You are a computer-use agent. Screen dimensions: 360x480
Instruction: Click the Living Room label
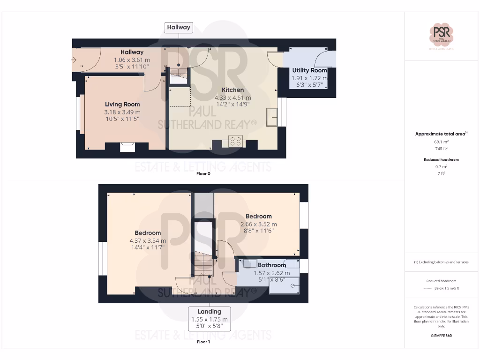(x=122, y=104)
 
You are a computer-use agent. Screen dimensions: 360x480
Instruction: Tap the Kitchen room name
(x=232, y=90)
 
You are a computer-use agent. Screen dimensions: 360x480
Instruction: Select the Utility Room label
(x=309, y=70)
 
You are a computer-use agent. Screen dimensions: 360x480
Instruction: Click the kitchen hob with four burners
(x=236, y=141)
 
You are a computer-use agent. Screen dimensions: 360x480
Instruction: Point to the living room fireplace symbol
(x=127, y=147)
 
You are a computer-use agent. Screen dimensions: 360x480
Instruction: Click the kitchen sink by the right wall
(x=272, y=117)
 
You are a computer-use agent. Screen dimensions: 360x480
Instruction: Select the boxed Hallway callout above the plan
(x=179, y=27)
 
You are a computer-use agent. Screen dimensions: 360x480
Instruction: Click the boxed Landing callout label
(x=209, y=311)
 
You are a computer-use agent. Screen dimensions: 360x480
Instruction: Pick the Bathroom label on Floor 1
(x=271, y=265)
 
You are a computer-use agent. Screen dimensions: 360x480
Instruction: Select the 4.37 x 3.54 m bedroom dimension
(x=148, y=241)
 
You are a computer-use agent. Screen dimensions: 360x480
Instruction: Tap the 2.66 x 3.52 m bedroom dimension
(x=259, y=224)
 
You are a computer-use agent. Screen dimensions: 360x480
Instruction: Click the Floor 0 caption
(x=203, y=173)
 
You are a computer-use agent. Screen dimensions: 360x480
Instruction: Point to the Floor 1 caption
(x=203, y=342)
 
